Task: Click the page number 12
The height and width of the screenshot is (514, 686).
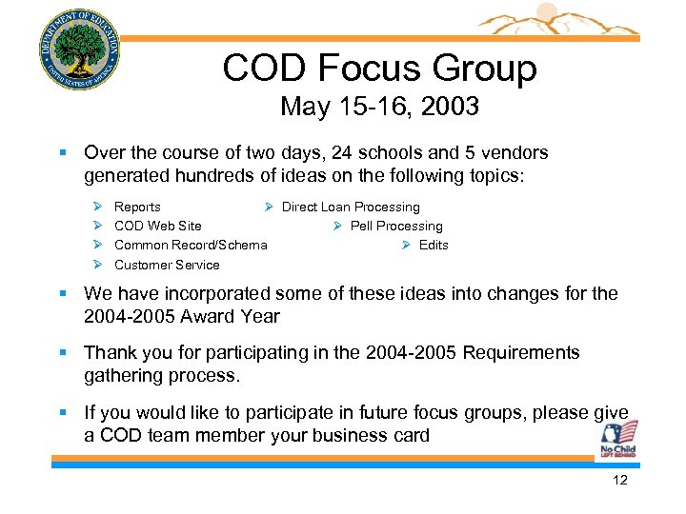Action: point(620,481)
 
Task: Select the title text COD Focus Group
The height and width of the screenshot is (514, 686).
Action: point(379,68)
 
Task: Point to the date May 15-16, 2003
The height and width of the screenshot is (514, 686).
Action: point(379,107)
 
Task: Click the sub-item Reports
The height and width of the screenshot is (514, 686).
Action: point(137,207)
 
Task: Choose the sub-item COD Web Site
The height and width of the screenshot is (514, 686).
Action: point(157,226)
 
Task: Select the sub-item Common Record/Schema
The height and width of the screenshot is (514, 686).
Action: point(191,245)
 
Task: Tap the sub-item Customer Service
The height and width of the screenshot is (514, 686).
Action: point(167,265)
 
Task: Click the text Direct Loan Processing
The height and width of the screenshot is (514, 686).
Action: point(351,207)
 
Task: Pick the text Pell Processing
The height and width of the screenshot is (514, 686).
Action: point(396,226)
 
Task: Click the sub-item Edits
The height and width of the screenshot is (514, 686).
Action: point(434,245)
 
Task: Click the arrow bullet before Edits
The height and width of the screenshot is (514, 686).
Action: point(406,246)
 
